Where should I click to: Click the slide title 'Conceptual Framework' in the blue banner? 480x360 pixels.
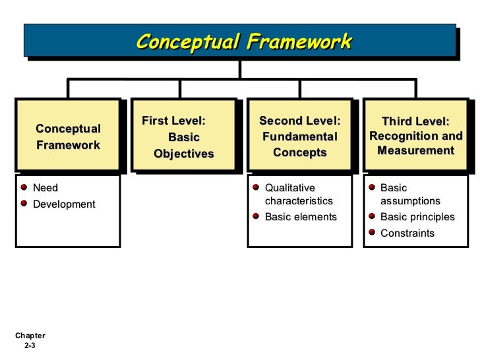click(x=244, y=42)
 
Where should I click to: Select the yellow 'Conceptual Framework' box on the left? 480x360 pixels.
click(x=68, y=136)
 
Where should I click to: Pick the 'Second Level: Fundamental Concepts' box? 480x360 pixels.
click(x=299, y=136)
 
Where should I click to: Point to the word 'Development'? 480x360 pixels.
click(x=64, y=204)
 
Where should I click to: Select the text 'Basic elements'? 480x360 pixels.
click(x=300, y=217)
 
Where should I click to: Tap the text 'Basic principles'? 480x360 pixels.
click(x=417, y=217)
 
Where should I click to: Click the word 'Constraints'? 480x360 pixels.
click(x=407, y=233)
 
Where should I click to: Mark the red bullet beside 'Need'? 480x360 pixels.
click(x=24, y=189)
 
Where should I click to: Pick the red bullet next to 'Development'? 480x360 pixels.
click(x=24, y=204)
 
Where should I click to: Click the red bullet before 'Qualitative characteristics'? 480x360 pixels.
click(x=256, y=188)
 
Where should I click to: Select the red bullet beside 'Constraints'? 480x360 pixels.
click(x=372, y=232)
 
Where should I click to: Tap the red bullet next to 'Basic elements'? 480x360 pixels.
click(x=256, y=216)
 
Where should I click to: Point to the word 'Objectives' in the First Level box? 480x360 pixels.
click(x=184, y=154)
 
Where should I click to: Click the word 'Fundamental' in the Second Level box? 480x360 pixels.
click(x=299, y=137)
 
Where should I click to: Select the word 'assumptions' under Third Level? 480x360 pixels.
click(x=410, y=201)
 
